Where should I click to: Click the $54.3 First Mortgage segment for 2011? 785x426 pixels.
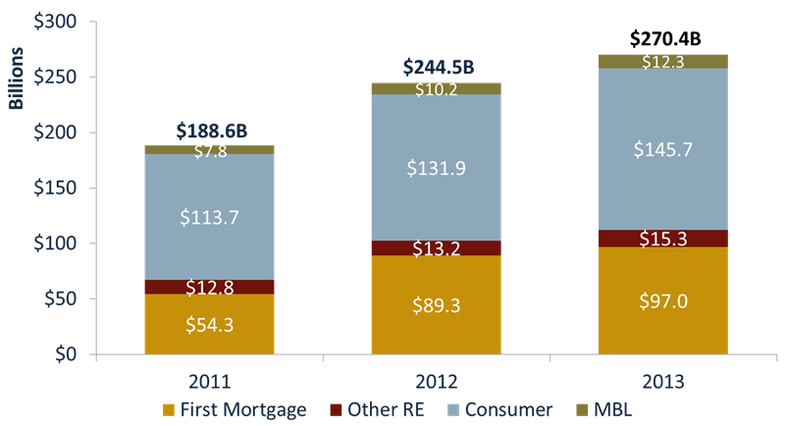pyautogui.click(x=209, y=324)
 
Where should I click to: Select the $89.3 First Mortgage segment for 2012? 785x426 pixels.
pyautogui.click(x=436, y=304)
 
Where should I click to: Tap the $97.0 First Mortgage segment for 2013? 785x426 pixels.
pyautogui.click(x=663, y=300)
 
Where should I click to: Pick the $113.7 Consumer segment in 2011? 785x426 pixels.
pyautogui.click(x=209, y=217)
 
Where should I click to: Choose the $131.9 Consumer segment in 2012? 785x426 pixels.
pyautogui.click(x=436, y=167)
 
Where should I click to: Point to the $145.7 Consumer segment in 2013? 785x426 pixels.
pyautogui.click(x=663, y=149)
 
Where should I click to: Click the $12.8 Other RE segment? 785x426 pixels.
pyautogui.click(x=209, y=288)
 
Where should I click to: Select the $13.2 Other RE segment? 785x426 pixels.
pyautogui.click(x=436, y=247)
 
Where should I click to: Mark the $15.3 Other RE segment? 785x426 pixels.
pyautogui.click(x=663, y=239)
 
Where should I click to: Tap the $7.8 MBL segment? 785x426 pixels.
pyautogui.click(x=209, y=150)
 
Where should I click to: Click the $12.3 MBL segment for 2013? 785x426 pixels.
pyautogui.click(x=663, y=61)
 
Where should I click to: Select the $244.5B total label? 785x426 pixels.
pyautogui.click(x=439, y=68)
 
